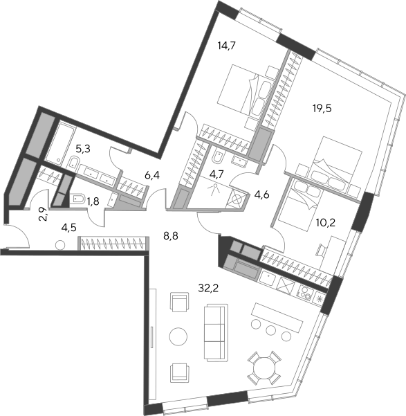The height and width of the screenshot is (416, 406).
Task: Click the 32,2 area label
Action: click(x=208, y=288)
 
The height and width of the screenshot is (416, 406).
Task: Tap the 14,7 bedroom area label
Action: click(x=226, y=46)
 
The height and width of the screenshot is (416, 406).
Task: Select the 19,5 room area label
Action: click(x=322, y=109)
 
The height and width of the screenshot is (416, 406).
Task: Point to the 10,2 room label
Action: click(x=326, y=223)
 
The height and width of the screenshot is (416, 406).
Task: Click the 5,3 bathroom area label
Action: click(x=83, y=149)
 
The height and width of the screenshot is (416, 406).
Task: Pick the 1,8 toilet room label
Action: click(x=93, y=201)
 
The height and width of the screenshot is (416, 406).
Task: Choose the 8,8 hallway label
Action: click(x=171, y=235)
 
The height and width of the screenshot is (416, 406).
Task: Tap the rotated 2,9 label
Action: click(x=44, y=214)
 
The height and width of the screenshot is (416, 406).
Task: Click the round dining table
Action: click(x=264, y=367)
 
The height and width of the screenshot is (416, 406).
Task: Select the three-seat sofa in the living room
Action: click(x=216, y=333)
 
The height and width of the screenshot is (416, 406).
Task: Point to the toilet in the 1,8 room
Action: click(x=77, y=199)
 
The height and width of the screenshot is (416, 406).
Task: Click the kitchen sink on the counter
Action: click(x=268, y=278)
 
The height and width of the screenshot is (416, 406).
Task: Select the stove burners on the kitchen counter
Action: click(x=306, y=292)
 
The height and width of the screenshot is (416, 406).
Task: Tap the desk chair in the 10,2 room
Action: click(x=322, y=250)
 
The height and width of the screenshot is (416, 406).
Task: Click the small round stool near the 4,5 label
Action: click(x=60, y=245)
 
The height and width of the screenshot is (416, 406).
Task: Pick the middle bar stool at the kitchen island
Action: click(x=271, y=329)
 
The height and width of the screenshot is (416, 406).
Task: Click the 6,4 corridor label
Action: click(x=152, y=175)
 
